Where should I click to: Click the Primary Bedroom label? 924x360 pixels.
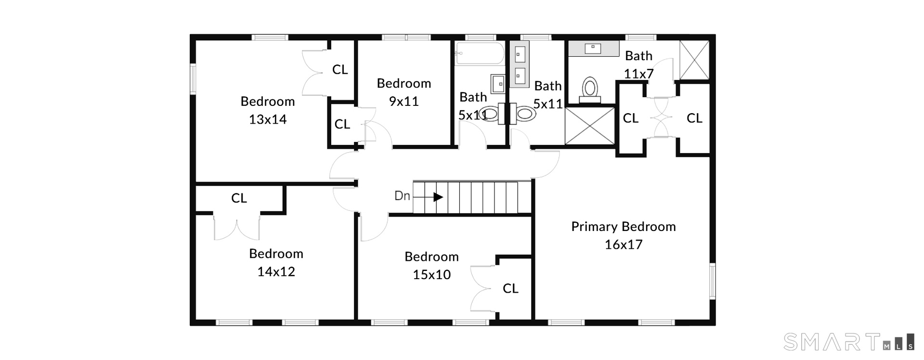(623, 227)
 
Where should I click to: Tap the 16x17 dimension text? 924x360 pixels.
(623, 244)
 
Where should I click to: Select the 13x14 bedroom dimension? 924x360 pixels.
(268, 119)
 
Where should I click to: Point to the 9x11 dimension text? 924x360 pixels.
(404, 102)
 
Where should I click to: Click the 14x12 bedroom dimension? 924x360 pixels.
(276, 272)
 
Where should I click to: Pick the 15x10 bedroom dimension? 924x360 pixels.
(431, 275)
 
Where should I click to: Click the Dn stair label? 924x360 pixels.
(402, 196)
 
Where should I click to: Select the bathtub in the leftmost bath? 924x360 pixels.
(480, 53)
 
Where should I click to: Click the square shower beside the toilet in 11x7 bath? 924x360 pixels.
(590, 126)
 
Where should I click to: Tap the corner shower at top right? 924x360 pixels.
(694, 60)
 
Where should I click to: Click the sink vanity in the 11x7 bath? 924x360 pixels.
(593, 49)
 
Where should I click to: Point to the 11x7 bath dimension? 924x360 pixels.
(638, 74)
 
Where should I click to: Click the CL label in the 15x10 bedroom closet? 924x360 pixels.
(510, 288)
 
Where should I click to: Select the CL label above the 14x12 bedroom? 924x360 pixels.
(239, 198)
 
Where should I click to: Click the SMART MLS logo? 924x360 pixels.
(849, 342)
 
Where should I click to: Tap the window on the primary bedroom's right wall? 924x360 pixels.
(713, 282)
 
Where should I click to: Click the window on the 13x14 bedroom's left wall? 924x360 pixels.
(193, 79)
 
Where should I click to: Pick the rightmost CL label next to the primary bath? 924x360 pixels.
(694, 118)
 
